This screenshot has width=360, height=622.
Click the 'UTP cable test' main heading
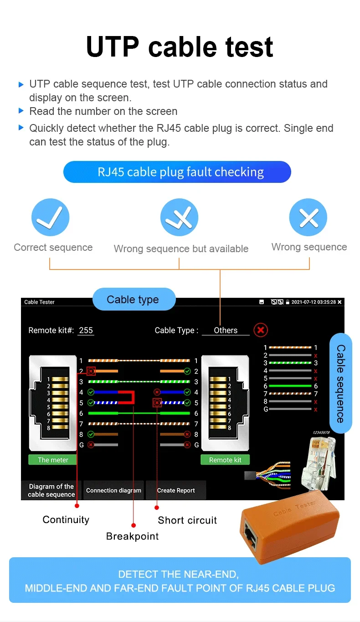click(x=180, y=47)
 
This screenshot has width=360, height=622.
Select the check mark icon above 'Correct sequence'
click(x=50, y=217)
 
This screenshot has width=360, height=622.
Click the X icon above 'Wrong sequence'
click(x=308, y=217)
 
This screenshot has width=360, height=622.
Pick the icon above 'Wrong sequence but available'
click(x=179, y=218)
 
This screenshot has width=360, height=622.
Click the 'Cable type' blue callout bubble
click(x=134, y=300)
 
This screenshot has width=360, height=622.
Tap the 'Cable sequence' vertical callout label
click(x=340, y=383)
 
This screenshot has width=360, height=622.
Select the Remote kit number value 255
click(x=86, y=330)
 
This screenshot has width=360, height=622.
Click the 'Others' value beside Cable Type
click(x=226, y=330)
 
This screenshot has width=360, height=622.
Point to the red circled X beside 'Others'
click(x=261, y=330)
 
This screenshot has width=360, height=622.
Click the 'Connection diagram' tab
click(x=113, y=490)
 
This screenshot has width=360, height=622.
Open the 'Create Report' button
click(x=176, y=490)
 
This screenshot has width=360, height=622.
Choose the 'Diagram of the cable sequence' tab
click(x=51, y=490)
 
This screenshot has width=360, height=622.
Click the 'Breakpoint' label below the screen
click(x=132, y=536)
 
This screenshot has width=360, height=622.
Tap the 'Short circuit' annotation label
click(x=187, y=520)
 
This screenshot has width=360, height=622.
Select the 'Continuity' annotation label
click(x=66, y=520)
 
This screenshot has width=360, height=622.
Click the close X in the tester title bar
click(x=339, y=302)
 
